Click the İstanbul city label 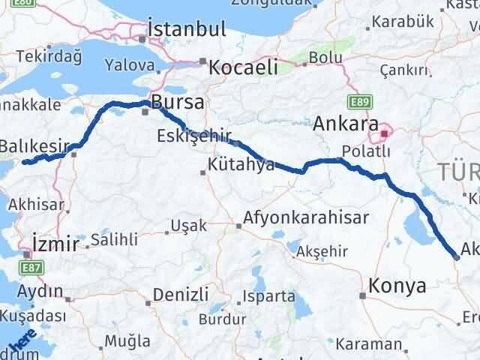pos(187,30)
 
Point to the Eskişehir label pos(191,136)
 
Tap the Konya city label pos(397,286)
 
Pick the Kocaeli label pos(243,67)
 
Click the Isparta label pos(268,296)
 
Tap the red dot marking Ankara pos(385,134)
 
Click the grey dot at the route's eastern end pos(457,257)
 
